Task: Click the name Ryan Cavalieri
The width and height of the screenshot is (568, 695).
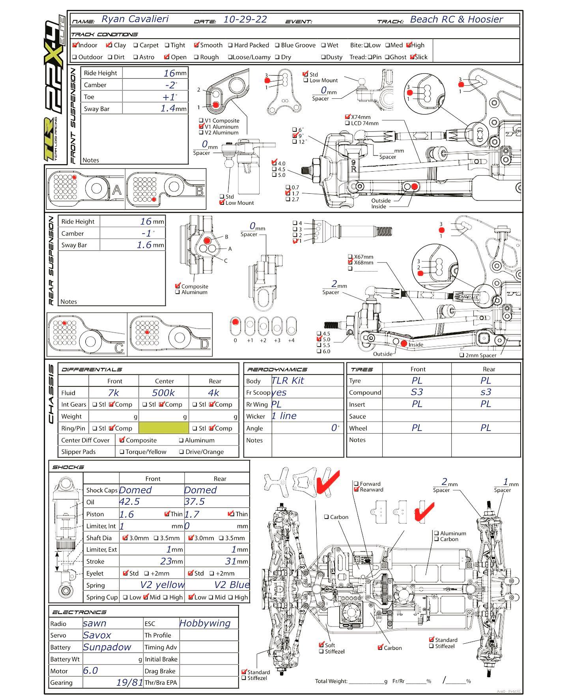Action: point(135,19)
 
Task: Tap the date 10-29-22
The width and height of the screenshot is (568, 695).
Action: point(245,19)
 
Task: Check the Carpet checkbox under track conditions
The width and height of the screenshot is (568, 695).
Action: point(136,45)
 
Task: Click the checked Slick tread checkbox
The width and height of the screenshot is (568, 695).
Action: point(412,57)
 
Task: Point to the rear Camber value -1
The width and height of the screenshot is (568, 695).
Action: point(146,233)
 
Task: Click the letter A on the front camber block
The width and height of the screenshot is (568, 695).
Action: point(117,190)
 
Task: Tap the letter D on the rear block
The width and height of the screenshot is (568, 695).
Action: point(204,344)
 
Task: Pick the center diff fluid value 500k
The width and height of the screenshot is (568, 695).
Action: point(163,393)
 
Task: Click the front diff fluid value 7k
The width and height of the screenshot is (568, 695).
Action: point(113,393)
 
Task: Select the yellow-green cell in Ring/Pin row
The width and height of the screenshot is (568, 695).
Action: point(164,428)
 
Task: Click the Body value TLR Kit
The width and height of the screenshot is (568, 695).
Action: point(288,380)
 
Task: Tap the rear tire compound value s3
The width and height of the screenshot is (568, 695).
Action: point(486,392)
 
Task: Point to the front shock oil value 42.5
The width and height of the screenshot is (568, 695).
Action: point(129,502)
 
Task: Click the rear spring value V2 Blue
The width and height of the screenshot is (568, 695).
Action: point(232,585)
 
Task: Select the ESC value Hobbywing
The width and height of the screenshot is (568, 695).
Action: point(205,623)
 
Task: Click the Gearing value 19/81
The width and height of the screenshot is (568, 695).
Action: point(129,682)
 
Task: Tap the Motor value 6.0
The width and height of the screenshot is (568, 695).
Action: point(90,671)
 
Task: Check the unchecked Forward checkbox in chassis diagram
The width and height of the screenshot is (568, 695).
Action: point(356,484)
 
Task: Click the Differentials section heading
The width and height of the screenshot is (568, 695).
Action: point(92,369)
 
